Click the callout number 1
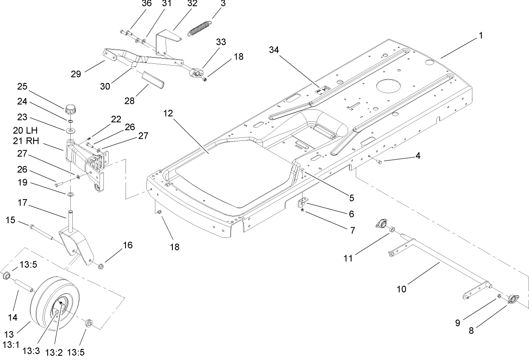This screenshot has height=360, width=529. tap(480, 36)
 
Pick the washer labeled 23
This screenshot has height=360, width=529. tap(70, 129)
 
